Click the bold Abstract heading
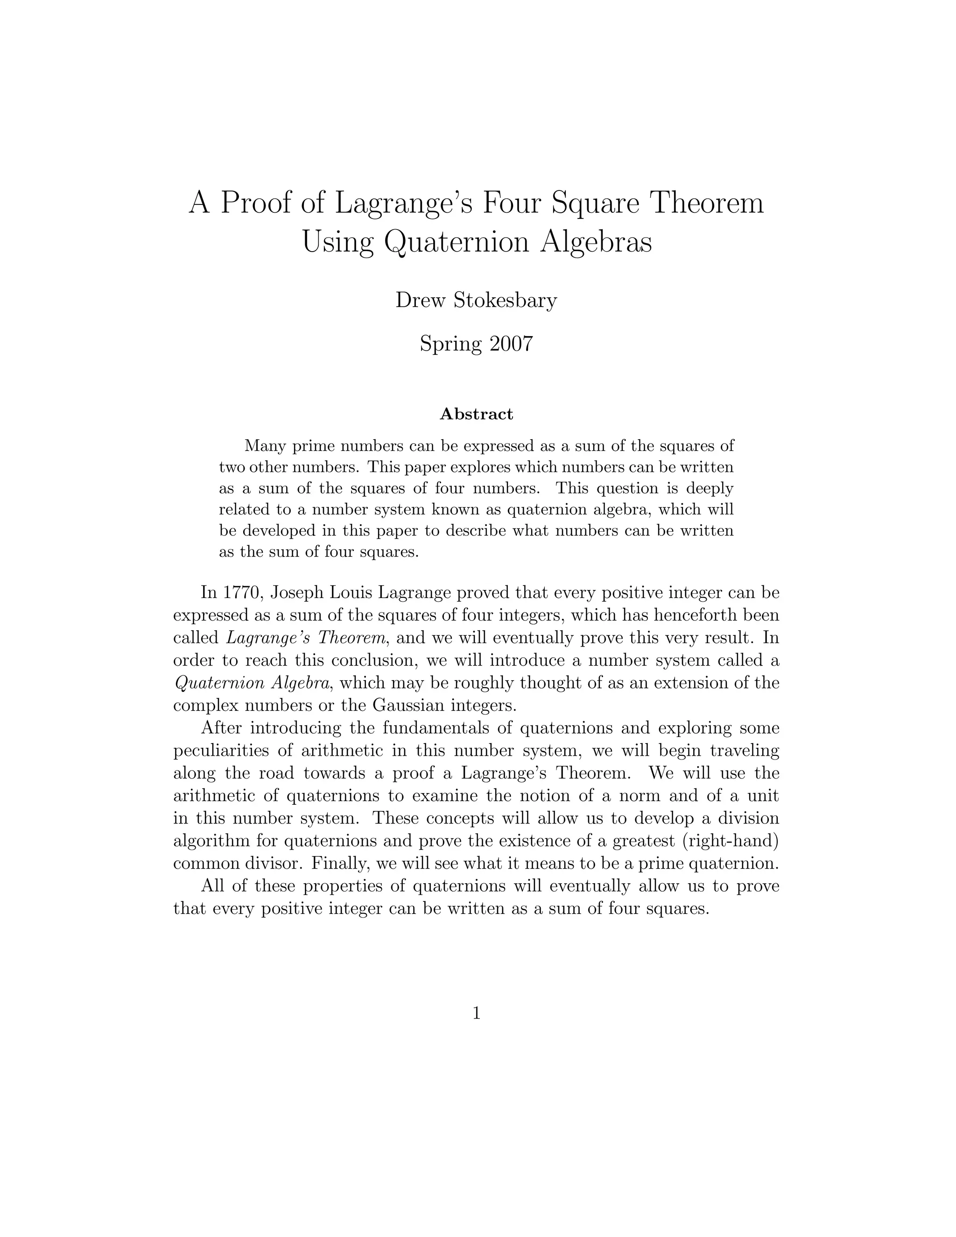point(476,414)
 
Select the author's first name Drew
point(420,300)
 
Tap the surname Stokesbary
point(505,300)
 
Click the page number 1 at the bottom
point(476,1013)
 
